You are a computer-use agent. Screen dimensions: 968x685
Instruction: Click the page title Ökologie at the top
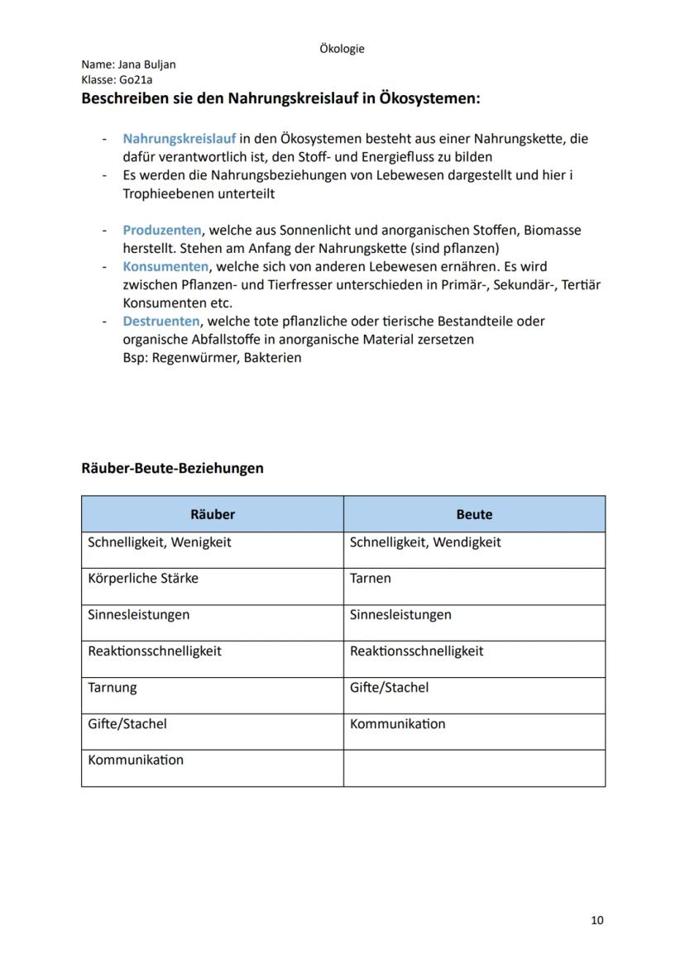342,49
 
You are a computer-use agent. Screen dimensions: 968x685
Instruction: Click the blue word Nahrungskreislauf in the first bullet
180,139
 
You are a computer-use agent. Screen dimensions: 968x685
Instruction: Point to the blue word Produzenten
161,231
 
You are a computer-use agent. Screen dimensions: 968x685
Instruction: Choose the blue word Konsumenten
165,267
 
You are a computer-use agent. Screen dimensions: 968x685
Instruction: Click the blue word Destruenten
161,321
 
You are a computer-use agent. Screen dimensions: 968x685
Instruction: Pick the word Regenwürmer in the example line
193,358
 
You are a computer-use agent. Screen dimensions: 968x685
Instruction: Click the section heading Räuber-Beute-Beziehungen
172,468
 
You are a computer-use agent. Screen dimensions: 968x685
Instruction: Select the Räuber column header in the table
213,514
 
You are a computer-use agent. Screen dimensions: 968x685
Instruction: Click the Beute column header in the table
474,514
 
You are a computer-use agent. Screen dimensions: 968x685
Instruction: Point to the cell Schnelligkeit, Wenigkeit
160,542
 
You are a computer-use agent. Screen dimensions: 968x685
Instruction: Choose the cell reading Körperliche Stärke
143,579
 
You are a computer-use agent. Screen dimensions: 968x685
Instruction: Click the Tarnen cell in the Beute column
371,579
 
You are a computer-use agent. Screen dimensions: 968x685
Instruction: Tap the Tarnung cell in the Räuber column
113,687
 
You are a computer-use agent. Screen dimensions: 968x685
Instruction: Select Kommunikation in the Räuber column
136,760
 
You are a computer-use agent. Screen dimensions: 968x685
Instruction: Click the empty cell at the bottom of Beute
474,768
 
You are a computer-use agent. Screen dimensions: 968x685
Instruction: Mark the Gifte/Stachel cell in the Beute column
389,687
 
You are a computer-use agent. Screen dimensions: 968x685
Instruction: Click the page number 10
597,920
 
